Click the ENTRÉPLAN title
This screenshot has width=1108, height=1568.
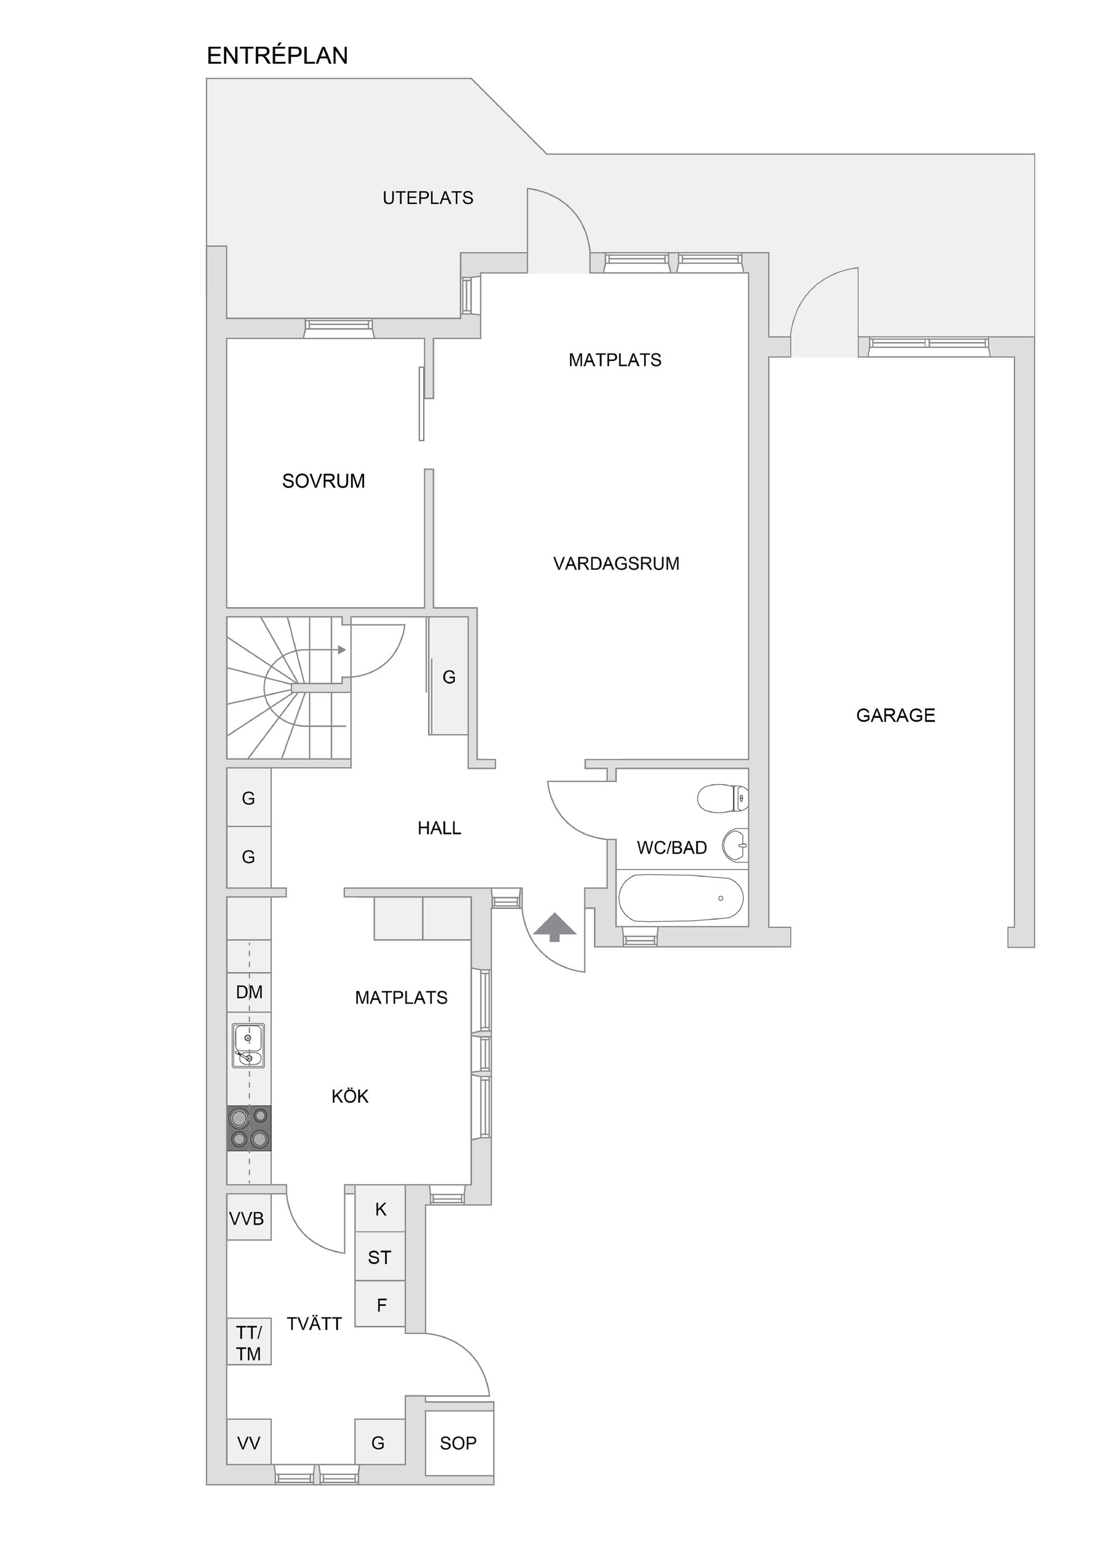277,55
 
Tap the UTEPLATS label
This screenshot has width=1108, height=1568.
428,198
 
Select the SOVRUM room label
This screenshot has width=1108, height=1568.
324,481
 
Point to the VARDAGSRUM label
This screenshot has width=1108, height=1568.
616,563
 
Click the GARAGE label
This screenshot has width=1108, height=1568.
896,715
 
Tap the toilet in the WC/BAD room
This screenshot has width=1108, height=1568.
723,798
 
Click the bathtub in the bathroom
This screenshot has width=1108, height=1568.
680,898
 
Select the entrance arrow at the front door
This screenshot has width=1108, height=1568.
555,927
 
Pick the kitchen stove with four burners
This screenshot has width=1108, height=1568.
249,1128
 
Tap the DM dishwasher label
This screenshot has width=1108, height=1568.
249,992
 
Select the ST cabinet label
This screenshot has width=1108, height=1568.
380,1257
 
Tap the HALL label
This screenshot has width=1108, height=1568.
439,828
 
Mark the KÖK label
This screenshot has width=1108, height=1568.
350,1096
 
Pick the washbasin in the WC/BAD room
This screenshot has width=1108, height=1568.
735,845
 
